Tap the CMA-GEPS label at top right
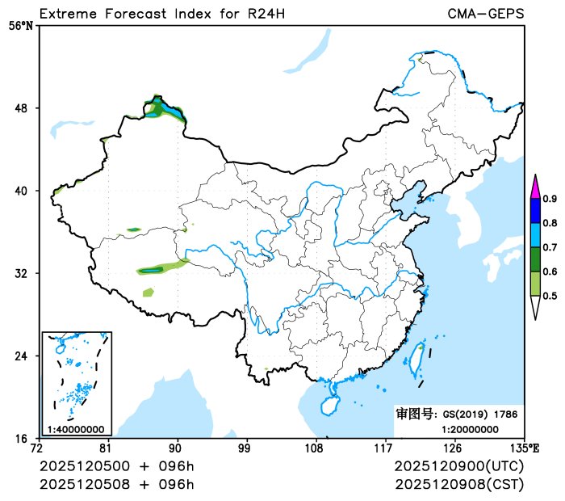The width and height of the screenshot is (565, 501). tap(485, 14)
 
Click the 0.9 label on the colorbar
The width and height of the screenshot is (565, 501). tap(550, 199)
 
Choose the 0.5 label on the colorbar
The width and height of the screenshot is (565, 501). tap(550, 296)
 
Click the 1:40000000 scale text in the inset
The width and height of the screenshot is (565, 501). tap(76, 429)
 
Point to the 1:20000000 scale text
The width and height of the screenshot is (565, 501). tap(470, 429)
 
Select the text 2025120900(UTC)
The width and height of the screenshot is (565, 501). tap(459, 467)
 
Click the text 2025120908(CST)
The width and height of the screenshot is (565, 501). tap(459, 484)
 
